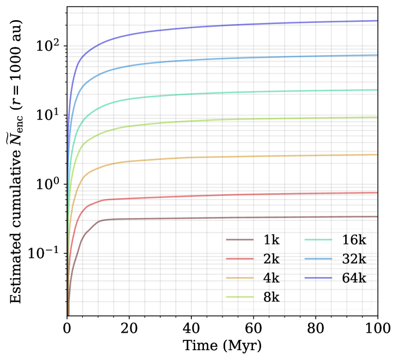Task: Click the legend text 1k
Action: pos(271,240)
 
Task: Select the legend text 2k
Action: pos(271,259)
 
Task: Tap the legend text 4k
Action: pos(271,278)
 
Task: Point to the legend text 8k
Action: pos(271,297)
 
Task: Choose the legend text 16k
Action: pos(354,240)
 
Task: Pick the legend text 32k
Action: pos(354,259)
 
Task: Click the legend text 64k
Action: pos(354,278)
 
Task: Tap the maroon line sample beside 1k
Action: pos(240,240)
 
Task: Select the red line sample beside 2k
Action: pos(240,259)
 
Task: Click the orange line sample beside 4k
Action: pos(240,278)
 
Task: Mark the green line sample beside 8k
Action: pos(240,297)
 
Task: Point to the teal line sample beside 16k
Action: pos(318,240)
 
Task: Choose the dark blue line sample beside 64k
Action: pos(318,278)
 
